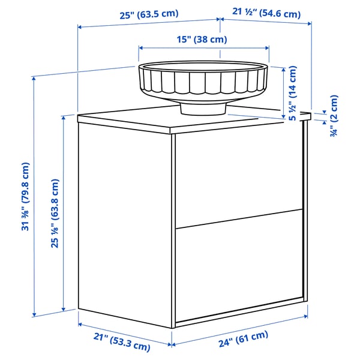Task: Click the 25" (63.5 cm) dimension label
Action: [149, 14]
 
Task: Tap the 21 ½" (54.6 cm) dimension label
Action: [266, 13]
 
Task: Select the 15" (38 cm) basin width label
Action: [202, 40]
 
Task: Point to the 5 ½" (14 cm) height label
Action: [292, 93]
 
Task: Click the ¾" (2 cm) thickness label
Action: [334, 116]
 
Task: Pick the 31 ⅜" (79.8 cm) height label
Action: [25, 197]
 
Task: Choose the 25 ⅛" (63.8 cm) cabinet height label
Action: [55, 214]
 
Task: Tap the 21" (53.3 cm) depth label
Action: [122, 342]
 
